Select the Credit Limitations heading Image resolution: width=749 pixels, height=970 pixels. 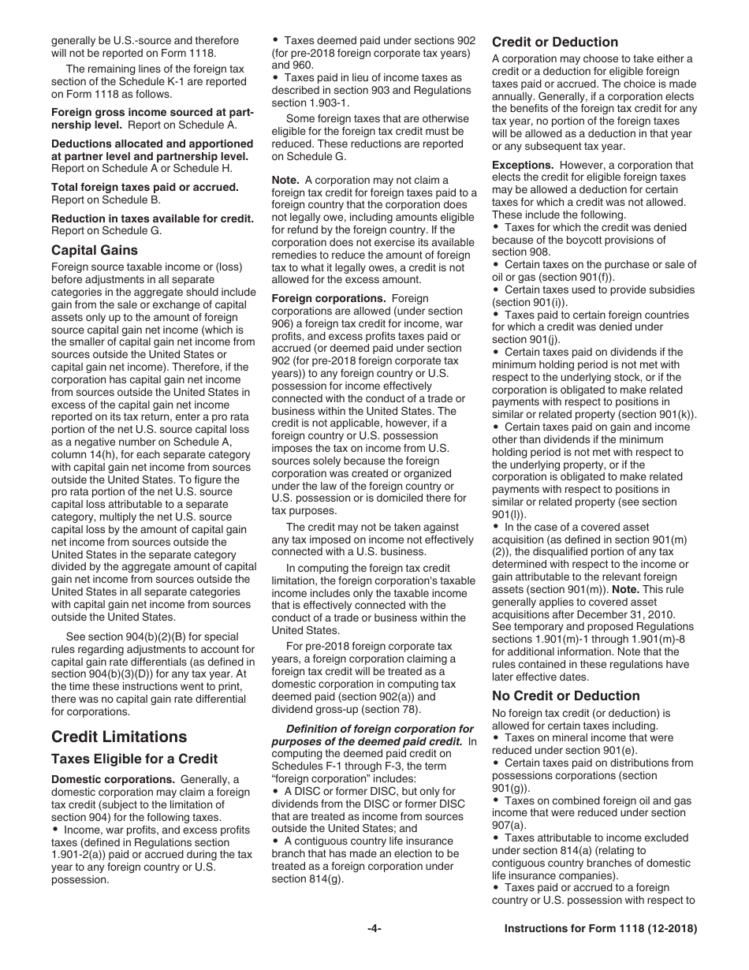coord(119,737)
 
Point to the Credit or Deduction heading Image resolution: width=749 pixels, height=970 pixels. coord(555,42)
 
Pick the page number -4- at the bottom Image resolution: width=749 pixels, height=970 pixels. coord(374,929)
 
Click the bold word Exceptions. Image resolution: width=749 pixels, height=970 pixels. coord(524,166)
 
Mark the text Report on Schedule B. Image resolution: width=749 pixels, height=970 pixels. coord(106,200)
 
